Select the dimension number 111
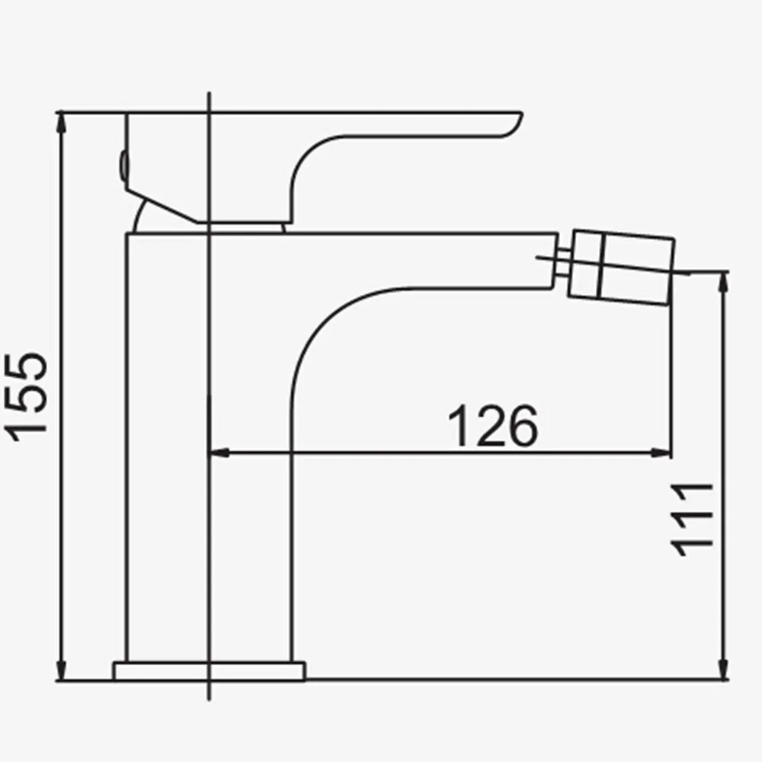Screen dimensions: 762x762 point(693,518)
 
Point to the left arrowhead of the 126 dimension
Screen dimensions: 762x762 point(217,453)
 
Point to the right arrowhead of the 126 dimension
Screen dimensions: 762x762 point(663,453)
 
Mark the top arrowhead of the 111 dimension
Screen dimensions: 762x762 point(722,280)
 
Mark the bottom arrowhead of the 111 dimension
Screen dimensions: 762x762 point(722,671)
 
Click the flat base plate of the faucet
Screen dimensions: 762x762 point(209,670)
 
